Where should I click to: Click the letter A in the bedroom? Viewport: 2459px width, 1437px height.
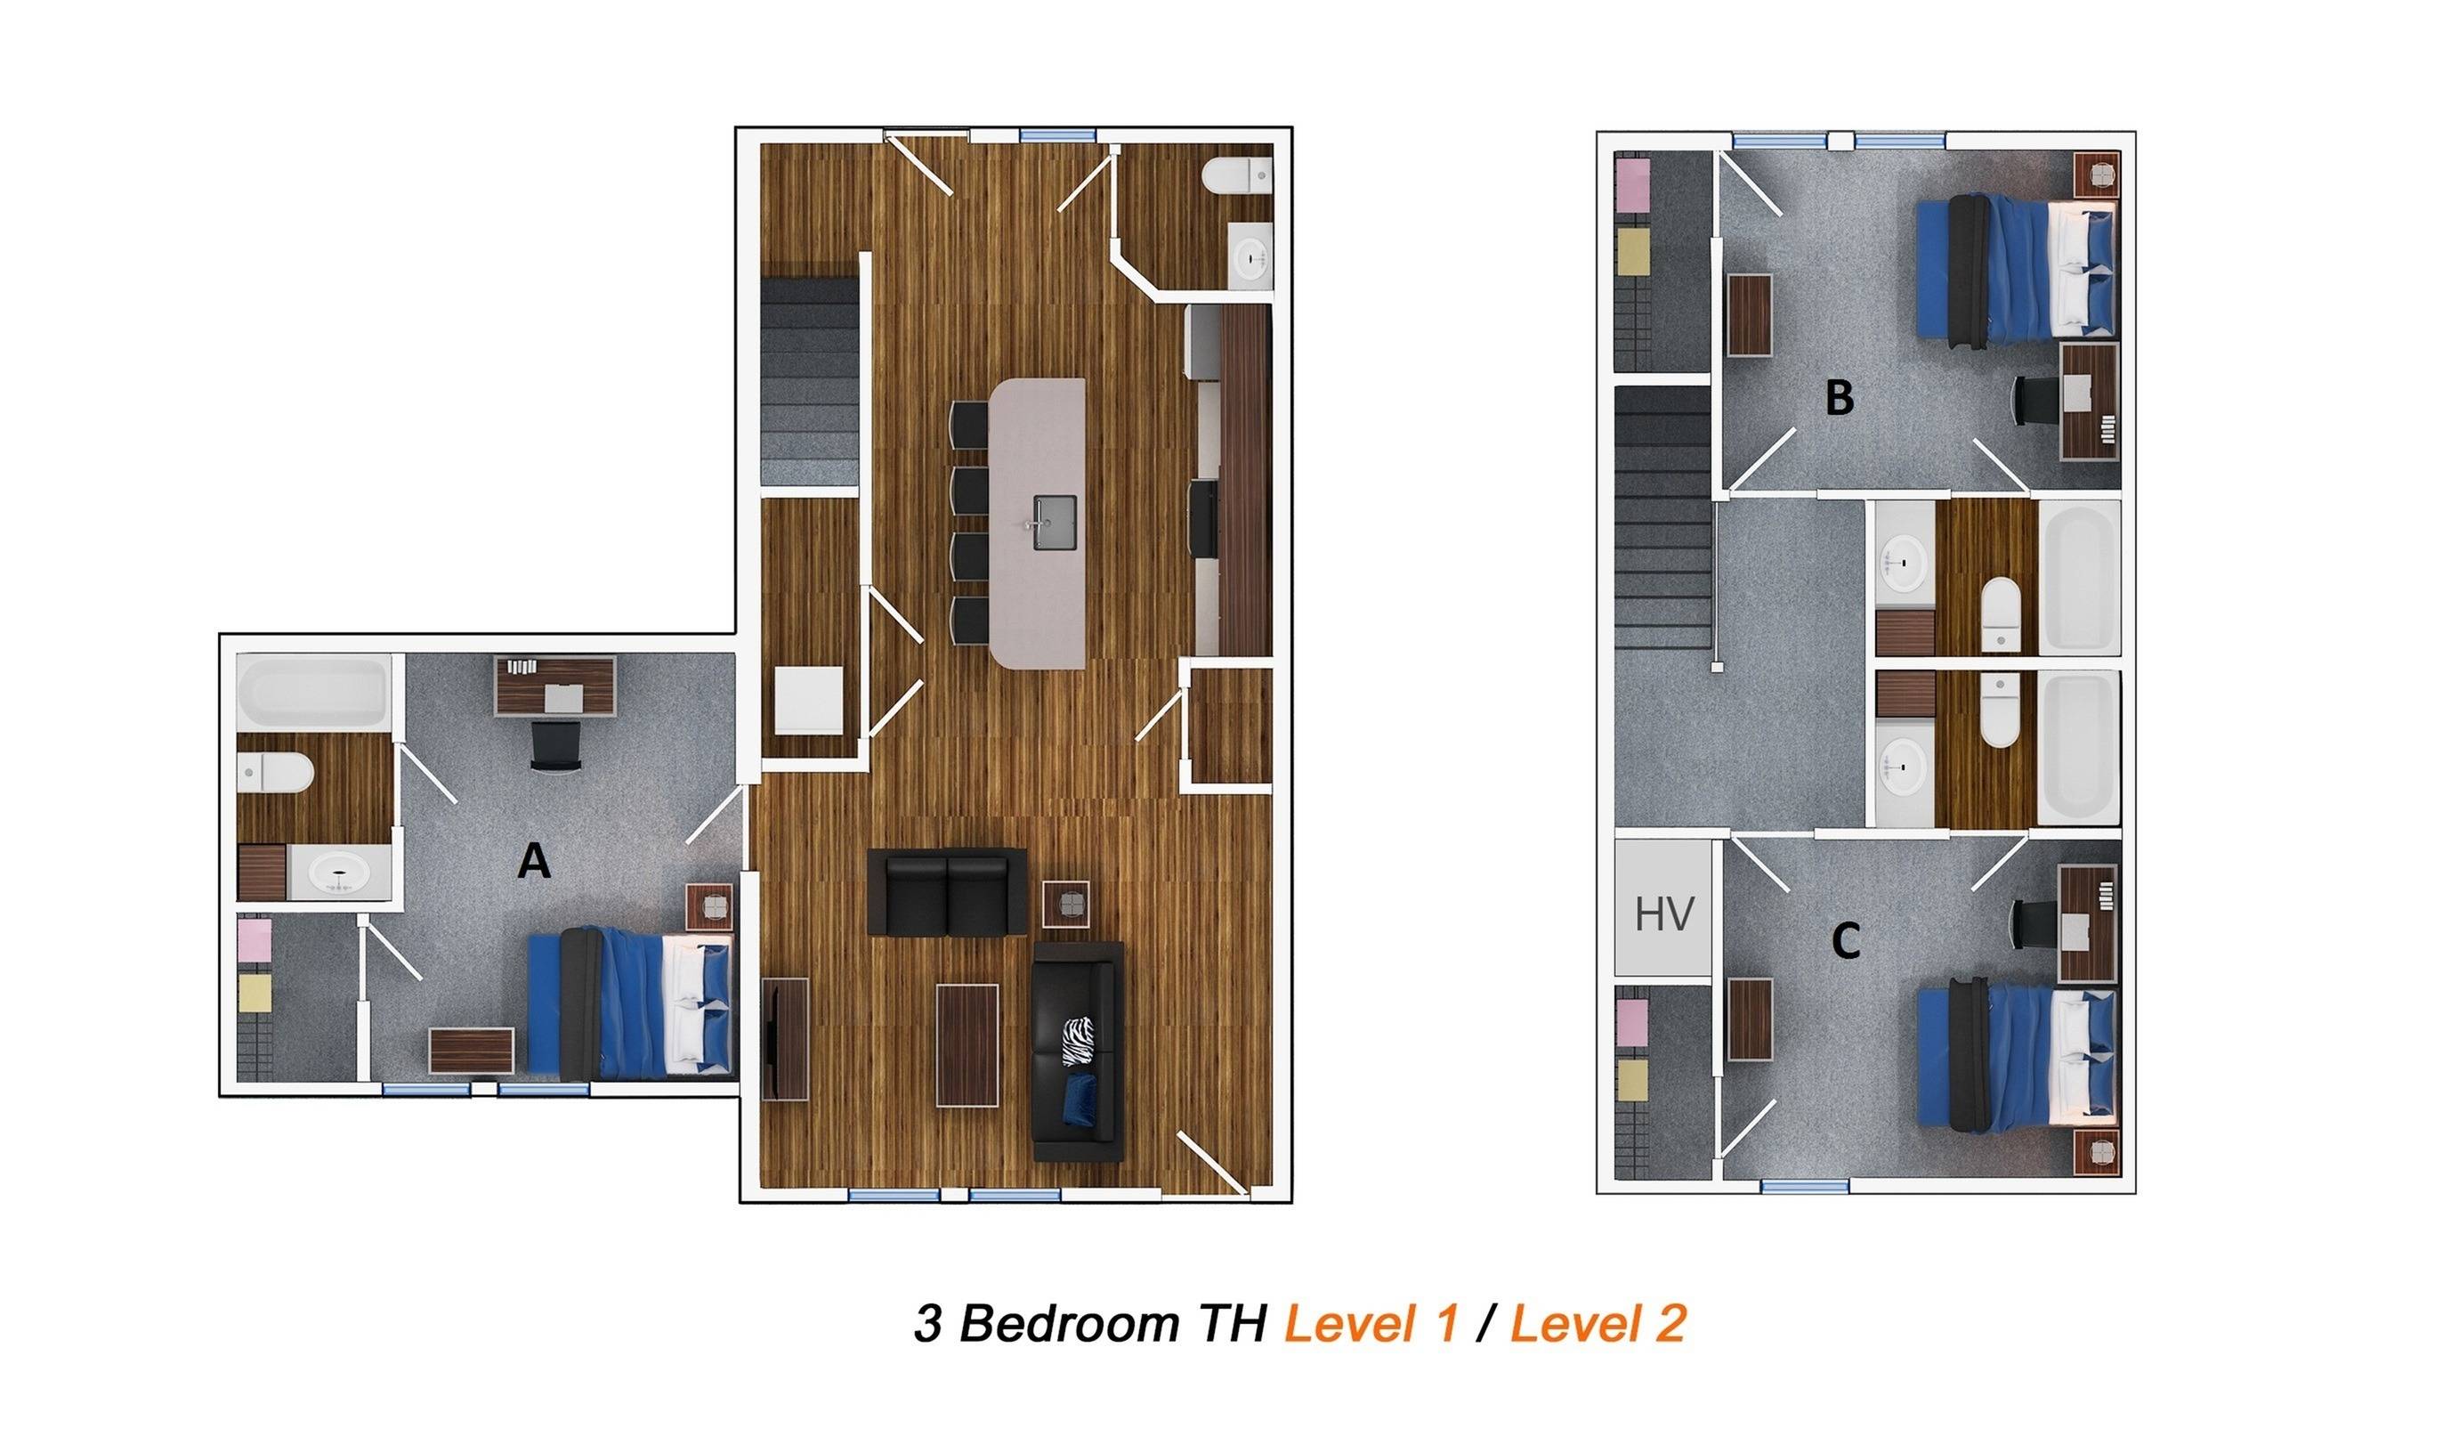click(x=534, y=862)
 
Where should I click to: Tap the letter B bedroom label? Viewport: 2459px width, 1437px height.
click(x=1839, y=398)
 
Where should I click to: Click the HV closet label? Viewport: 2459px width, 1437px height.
click(x=1663, y=914)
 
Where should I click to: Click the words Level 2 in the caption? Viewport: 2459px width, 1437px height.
click(x=1598, y=1324)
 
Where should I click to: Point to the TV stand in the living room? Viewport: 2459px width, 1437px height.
click(x=786, y=1040)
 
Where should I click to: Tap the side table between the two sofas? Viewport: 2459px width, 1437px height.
click(x=1066, y=904)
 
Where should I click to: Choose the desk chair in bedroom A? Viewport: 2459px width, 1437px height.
click(x=554, y=746)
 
